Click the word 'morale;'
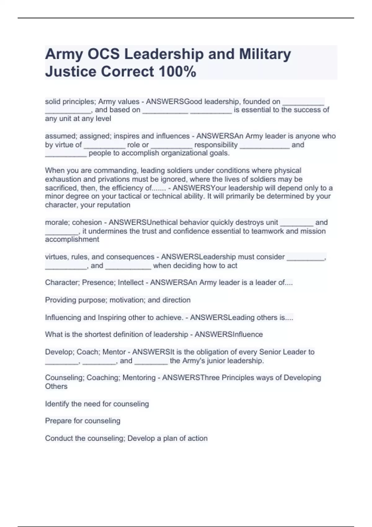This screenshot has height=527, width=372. pyautogui.click(x=57, y=222)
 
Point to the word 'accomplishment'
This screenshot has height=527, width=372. pyautogui.click(x=72, y=239)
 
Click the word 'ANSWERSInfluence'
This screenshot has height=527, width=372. pyautogui.click(x=228, y=334)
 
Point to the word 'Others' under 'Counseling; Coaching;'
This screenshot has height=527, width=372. pyautogui.click(x=56, y=386)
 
